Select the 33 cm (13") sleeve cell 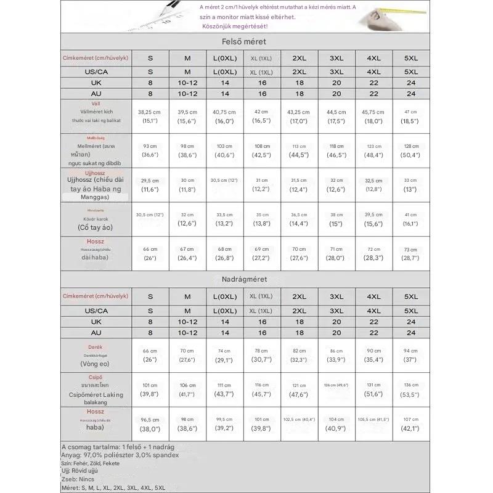[411, 184]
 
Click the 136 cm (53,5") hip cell [411, 389]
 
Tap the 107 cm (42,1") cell [411, 424]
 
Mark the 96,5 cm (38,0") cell [150, 424]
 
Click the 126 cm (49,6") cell [336, 385]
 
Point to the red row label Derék [96, 348]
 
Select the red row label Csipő [96, 376]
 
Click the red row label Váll [96, 104]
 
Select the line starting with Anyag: [120, 455]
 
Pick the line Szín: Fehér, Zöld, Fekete [91, 463]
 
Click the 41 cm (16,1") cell [411, 219]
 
